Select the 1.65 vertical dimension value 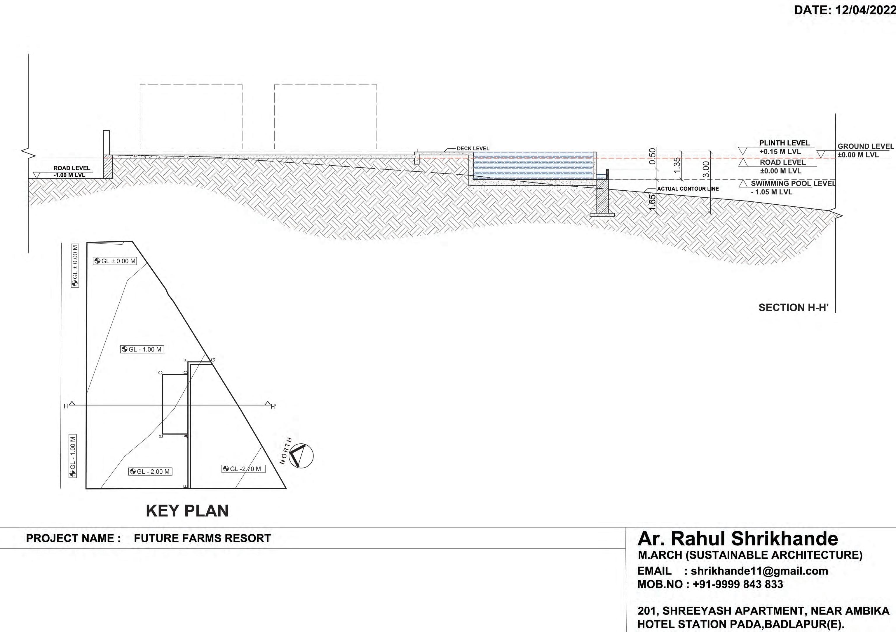[x=652, y=202]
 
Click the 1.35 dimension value [x=677, y=165]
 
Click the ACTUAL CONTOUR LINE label [x=688, y=189]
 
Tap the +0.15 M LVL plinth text [x=780, y=152]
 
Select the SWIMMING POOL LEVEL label [x=793, y=183]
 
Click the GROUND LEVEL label [x=865, y=146]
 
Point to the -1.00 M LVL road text [x=69, y=175]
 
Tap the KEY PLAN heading [x=187, y=511]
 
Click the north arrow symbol [x=301, y=455]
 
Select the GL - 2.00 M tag [x=150, y=471]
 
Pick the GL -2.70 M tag [x=243, y=469]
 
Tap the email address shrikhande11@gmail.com [x=759, y=571]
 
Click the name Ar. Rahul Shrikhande [x=738, y=539]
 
